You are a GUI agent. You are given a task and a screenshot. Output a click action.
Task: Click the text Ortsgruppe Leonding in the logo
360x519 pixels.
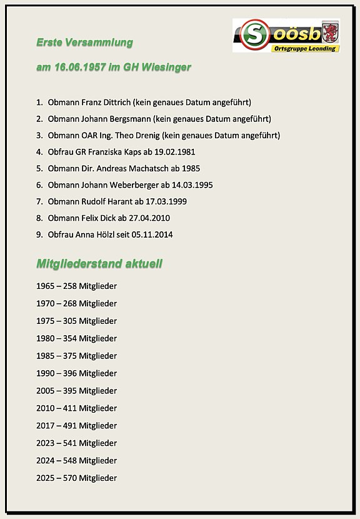pyautogui.click(x=304, y=48)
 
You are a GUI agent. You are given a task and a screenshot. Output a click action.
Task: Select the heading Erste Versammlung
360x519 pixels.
pyautogui.click(x=84, y=43)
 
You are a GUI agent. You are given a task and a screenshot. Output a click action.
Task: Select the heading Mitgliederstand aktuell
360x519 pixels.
pyautogui.click(x=99, y=264)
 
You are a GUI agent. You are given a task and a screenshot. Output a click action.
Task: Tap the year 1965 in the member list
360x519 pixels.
pyautogui.click(x=46, y=286)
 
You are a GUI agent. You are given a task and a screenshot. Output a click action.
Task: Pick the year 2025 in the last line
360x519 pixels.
pyautogui.click(x=46, y=478)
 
